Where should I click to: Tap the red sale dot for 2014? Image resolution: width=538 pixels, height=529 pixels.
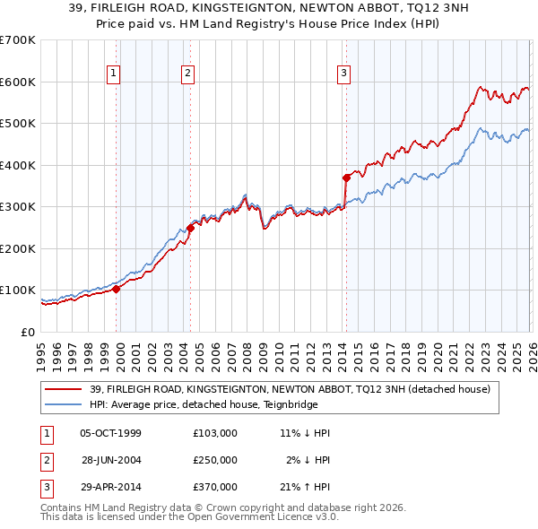(345, 178)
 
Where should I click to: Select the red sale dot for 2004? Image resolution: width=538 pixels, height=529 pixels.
(190, 228)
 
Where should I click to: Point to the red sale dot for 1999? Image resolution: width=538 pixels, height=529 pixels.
(116, 289)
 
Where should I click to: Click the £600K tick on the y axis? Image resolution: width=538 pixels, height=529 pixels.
(18, 82)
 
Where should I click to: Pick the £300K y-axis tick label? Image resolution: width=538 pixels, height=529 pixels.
(18, 207)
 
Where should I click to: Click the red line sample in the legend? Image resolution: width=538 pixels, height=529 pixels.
(64, 390)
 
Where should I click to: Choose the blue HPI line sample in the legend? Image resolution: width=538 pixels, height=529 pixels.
(64, 404)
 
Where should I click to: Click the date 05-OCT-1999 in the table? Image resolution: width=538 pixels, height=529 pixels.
(110, 433)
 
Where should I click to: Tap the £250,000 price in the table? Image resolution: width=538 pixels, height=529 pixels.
(215, 460)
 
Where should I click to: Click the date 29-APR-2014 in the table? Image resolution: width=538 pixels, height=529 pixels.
(110, 487)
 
